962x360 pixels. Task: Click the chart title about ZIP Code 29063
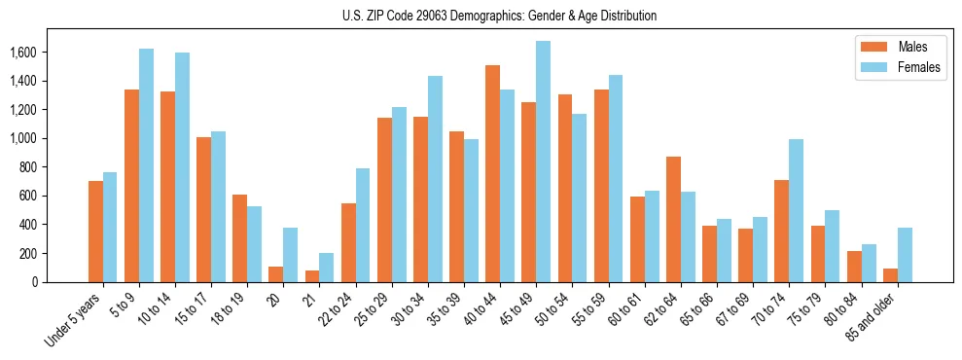pos(499,16)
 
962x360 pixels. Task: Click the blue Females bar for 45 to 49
pos(543,162)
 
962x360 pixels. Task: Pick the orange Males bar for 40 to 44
pos(492,173)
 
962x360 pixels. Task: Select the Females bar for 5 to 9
pos(146,165)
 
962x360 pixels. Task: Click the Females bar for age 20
pos(290,255)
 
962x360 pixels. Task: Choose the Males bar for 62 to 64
pos(673,219)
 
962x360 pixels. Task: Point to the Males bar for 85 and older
pos(889,275)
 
